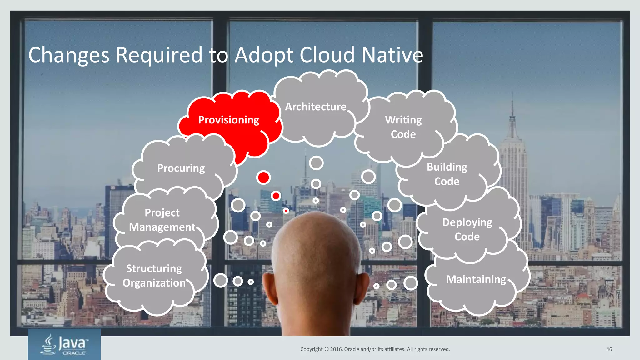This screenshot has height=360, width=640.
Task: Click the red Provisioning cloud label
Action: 229,120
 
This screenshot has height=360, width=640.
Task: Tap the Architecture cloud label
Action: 316,107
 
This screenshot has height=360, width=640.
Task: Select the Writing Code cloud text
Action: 403,127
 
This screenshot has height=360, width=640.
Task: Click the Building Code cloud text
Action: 447,174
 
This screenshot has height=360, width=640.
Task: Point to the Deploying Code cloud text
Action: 467,229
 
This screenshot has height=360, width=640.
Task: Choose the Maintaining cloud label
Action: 476,279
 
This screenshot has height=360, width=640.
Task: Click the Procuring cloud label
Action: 181,168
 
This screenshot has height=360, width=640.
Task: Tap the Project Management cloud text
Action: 162,220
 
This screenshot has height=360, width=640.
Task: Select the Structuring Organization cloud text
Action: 154,276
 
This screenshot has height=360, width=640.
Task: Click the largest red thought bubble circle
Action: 263,177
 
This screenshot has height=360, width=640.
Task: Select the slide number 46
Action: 609,349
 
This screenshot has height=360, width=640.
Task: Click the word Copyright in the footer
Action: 311,349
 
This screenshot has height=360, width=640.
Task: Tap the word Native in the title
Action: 392,55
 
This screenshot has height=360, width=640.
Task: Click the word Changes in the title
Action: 69,55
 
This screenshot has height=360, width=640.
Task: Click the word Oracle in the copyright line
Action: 352,349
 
